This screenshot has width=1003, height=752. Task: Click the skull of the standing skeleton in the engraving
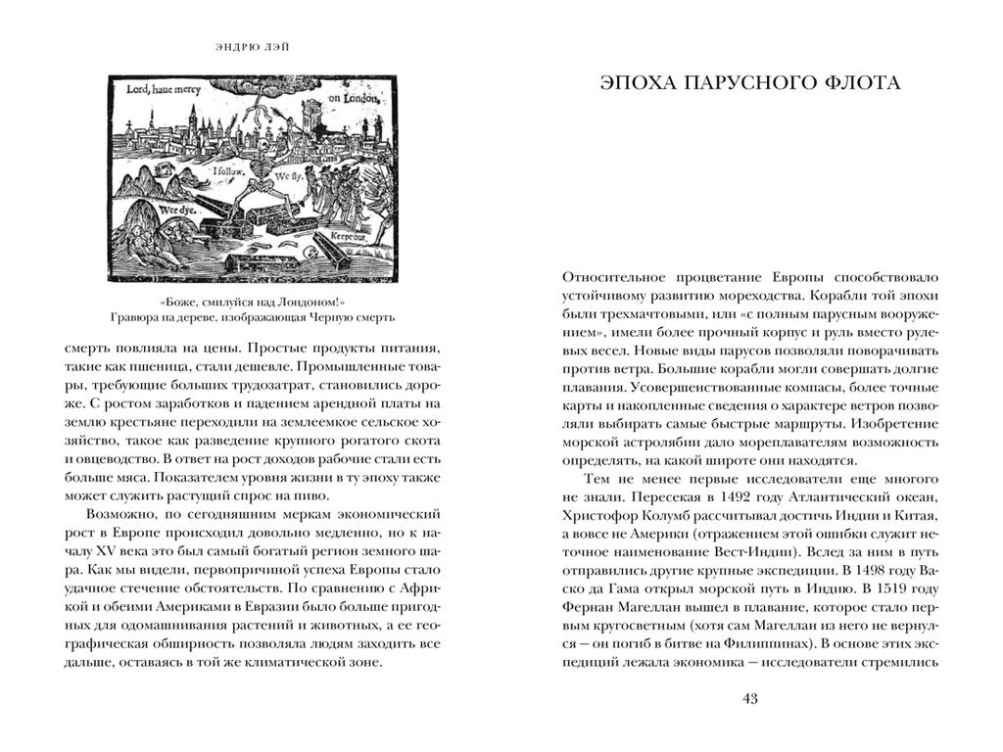(262, 147)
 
